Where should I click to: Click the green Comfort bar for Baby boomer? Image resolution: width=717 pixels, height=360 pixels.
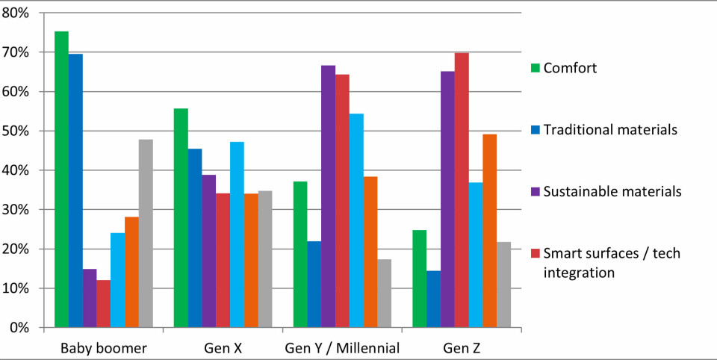[x=61, y=179]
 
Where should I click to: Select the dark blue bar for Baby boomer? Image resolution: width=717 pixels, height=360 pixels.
[x=75, y=190]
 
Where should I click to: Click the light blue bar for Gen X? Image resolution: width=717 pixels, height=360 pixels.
[x=237, y=235]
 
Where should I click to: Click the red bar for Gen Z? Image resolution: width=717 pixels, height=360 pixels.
[x=462, y=190]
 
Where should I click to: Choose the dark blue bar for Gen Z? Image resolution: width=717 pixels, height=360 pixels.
[x=433, y=299]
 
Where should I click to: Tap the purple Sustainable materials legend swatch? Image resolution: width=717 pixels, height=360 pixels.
[x=535, y=192]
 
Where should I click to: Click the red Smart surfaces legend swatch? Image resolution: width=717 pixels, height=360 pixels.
[x=535, y=254]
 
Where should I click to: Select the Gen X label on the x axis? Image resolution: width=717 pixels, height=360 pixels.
[x=223, y=347]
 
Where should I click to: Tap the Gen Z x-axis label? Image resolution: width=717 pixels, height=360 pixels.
[x=462, y=347]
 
